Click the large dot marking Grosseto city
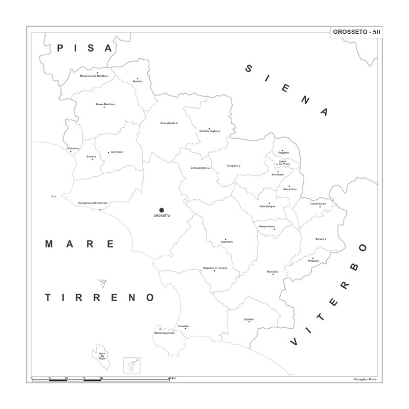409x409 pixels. coord(162,210)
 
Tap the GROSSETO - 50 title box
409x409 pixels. coord(356,32)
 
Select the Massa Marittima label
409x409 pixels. coord(105,104)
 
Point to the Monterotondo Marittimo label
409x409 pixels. coord(94,76)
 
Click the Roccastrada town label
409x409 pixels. coord(168,123)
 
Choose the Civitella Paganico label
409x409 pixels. coord(210,131)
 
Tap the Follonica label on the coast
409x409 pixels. coord(74,148)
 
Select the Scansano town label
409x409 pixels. coord(226,241)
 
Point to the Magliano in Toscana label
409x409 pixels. coord(215,268)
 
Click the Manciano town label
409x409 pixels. coord(272,271)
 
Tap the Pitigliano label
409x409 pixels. coord(313,261)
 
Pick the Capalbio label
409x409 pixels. coord(249,319)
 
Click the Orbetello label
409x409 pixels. coord(184,326)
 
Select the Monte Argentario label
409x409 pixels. coord(165,333)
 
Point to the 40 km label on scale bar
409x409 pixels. coord(172,378)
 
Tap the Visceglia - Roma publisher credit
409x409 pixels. coord(365,379)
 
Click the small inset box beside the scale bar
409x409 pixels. coord(132,366)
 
